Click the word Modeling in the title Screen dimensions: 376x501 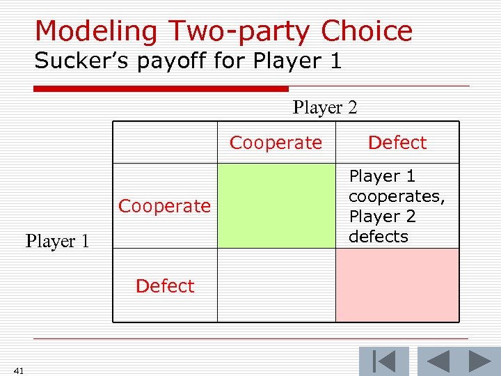(86, 31)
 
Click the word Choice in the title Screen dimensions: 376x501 (367, 31)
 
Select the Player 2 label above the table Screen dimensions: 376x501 (325, 108)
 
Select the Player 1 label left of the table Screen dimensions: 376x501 (57, 242)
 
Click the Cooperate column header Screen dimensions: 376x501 (276, 143)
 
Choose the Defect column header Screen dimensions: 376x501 (397, 143)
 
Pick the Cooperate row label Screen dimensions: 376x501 (164, 206)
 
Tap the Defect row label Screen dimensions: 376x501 (165, 285)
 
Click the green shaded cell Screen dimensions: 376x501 (276, 206)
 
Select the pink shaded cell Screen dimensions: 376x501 (397, 285)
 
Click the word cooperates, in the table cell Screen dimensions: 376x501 (397, 196)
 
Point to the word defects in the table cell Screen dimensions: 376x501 (379, 237)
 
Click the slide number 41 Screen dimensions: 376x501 (18, 370)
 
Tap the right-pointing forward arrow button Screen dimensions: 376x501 (480, 361)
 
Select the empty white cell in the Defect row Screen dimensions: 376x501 (276, 285)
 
